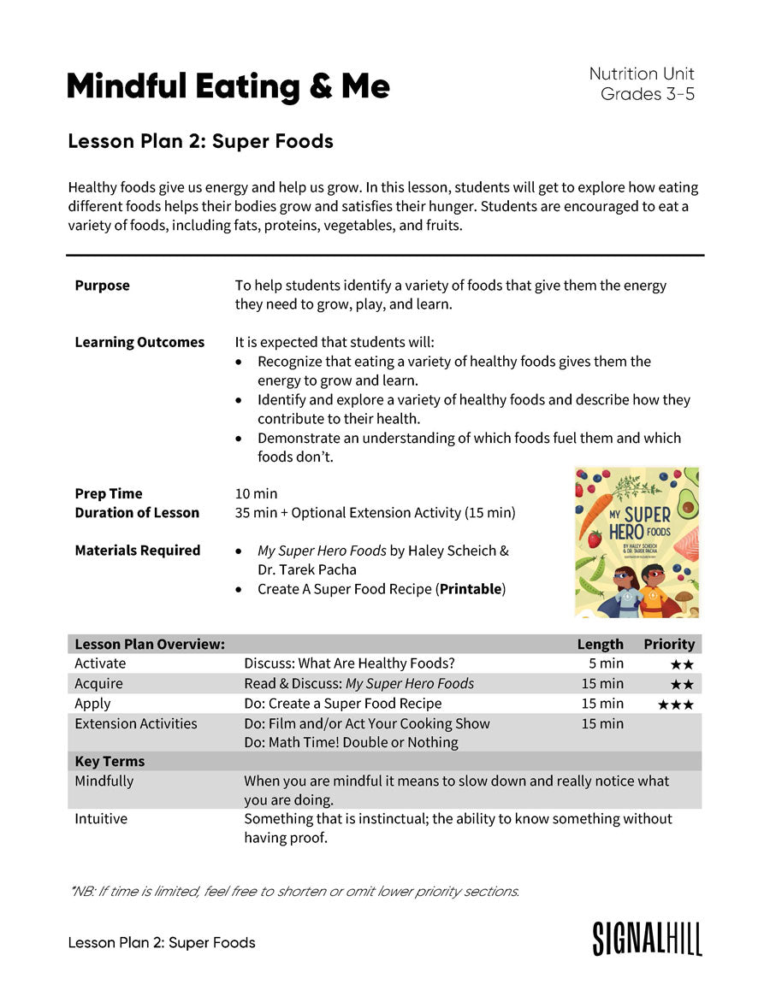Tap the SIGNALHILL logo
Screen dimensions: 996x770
(x=647, y=939)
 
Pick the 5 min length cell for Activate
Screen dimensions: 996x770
(x=606, y=663)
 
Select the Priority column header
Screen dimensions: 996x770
(x=669, y=644)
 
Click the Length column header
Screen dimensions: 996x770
(x=600, y=644)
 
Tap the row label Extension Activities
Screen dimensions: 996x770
(x=136, y=723)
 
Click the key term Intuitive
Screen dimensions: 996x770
(x=101, y=818)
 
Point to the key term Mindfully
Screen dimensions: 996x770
(x=104, y=781)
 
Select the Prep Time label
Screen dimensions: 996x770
(x=109, y=493)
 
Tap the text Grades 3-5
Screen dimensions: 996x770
(x=647, y=94)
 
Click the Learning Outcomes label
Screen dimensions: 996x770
(x=139, y=342)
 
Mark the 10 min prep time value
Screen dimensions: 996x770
(x=256, y=493)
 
